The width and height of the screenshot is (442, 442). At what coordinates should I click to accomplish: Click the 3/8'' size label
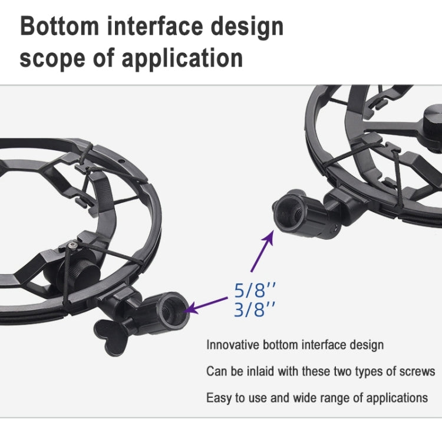pos(255,309)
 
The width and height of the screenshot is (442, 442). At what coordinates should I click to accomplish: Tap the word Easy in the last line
pos(217,398)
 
